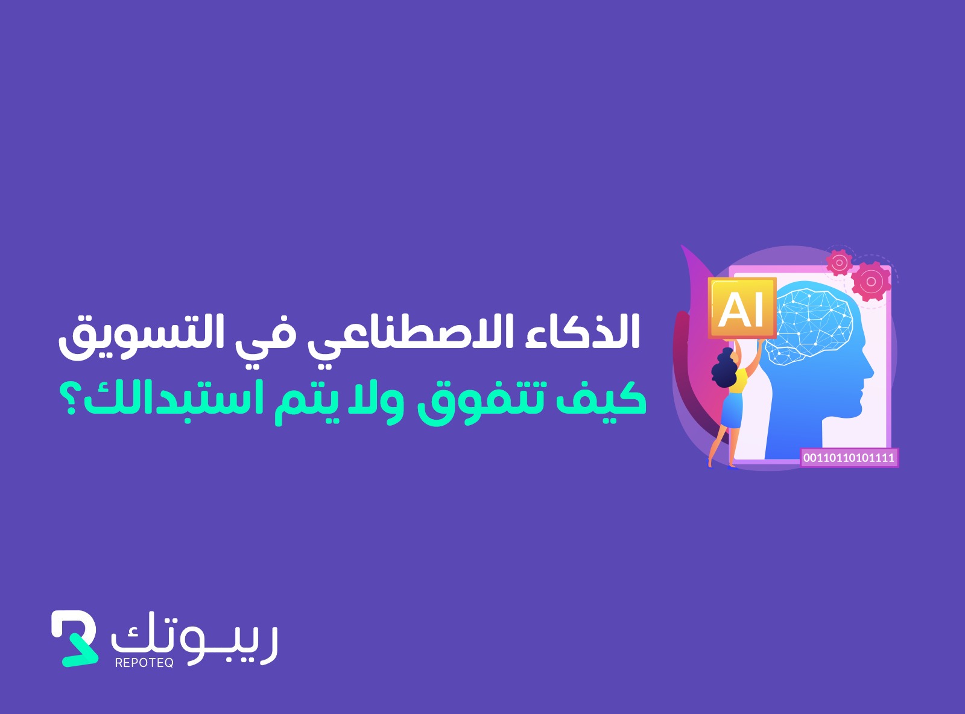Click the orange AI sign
(742, 308)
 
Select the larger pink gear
(870, 282)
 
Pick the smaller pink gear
(839, 262)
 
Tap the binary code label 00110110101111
(849, 458)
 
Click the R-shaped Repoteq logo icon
(74, 638)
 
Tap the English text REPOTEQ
(144, 662)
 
